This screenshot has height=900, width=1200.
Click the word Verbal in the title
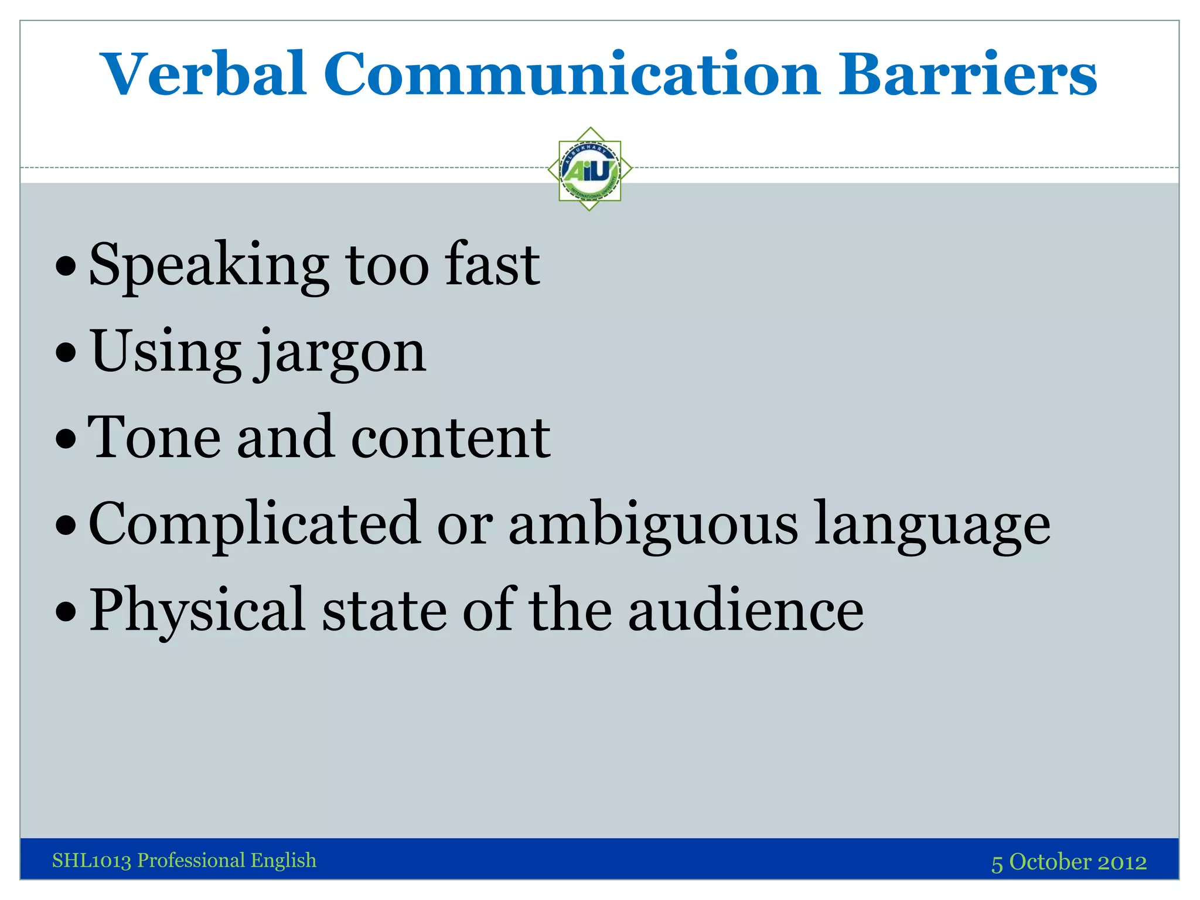pyautogui.click(x=203, y=74)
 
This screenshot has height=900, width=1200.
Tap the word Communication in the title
pyautogui.click(x=572, y=74)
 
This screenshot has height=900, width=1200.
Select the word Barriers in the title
pyautogui.click(x=967, y=74)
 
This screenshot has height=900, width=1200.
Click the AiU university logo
pyautogui.click(x=589, y=169)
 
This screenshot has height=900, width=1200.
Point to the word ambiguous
pyautogui.click(x=653, y=524)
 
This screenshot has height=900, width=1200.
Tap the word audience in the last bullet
pyautogui.click(x=746, y=611)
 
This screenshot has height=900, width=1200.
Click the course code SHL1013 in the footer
pyautogui.click(x=91, y=861)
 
